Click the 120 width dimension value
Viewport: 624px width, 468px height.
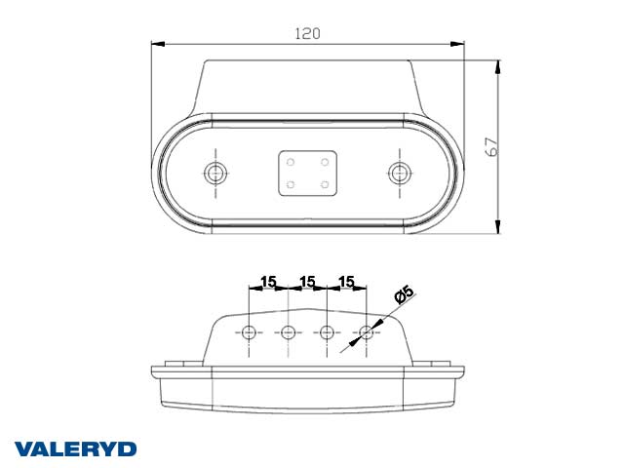point(307,32)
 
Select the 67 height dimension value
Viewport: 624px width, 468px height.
point(492,147)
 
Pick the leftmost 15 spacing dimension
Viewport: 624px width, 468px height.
point(268,282)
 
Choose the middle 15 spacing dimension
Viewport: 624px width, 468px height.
point(307,282)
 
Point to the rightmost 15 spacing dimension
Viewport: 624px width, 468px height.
point(346,282)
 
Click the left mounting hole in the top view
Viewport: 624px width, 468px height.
point(215,174)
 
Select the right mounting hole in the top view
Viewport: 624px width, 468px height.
point(398,174)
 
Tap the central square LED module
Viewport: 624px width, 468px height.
point(306,173)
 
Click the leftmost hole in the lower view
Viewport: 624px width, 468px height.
point(250,332)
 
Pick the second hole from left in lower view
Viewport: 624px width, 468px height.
point(288,332)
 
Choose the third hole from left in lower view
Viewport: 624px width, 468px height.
point(327,332)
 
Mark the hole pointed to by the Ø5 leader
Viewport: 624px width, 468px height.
point(367,332)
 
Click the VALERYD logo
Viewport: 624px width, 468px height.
point(75,448)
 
